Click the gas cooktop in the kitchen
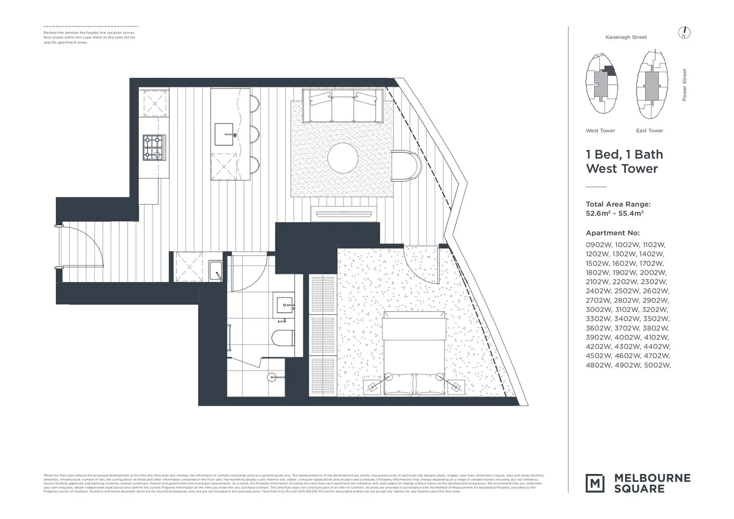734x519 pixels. click(x=154, y=148)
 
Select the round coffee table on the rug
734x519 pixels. click(x=343, y=157)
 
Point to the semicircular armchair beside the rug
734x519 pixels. click(x=406, y=166)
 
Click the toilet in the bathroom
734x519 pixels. click(x=283, y=338)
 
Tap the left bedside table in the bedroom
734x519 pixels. click(x=373, y=386)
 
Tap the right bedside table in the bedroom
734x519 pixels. click(x=455, y=386)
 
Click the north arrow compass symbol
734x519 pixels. click(x=684, y=33)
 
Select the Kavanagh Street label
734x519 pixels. click(x=626, y=37)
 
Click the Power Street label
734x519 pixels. click(x=684, y=85)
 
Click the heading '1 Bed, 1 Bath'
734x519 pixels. click(x=624, y=154)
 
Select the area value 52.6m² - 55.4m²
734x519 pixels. click(x=614, y=213)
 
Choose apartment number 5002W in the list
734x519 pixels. click(x=656, y=365)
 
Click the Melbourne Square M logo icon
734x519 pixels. click(x=595, y=483)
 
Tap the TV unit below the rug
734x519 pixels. click(x=341, y=214)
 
